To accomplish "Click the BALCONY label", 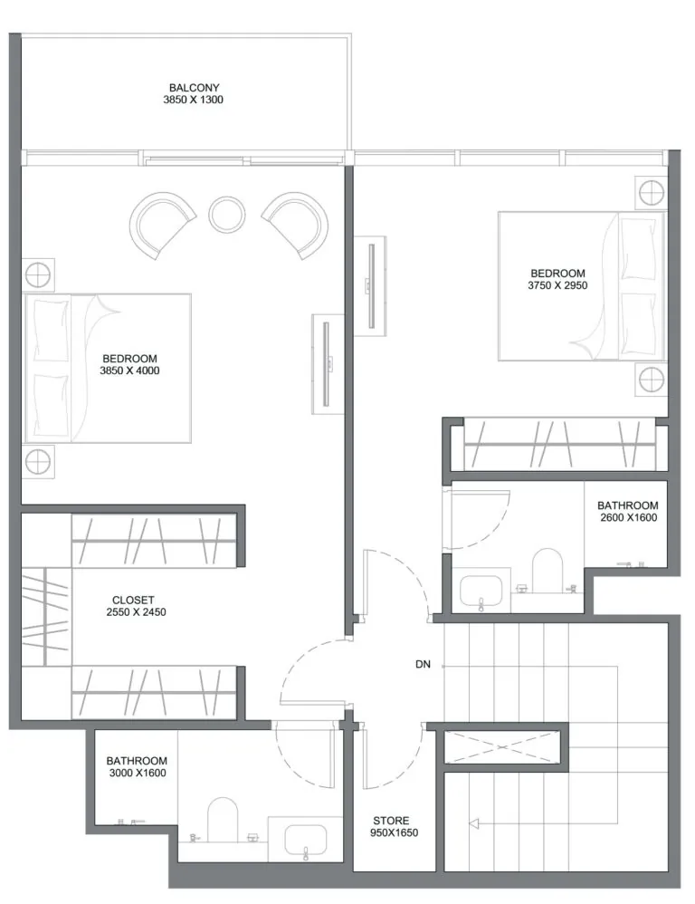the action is pos(194,88).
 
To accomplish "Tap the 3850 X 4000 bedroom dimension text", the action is pos(129,370).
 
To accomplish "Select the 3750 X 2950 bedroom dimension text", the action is pos(557,285).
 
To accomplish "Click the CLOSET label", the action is pos(133,601).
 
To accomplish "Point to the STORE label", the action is pos(391,821).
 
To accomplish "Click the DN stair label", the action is pos(423,664).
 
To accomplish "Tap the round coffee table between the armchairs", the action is pos(227,215).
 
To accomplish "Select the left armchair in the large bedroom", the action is pos(162,225).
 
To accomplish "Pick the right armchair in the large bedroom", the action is pos(295,225).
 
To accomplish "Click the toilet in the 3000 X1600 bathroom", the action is pos(223,820).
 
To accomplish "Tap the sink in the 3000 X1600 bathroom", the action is pos(306,840).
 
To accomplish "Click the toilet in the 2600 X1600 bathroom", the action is pos(547,570).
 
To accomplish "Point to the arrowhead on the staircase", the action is pos(474,824).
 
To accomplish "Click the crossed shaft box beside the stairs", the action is pos(502,747).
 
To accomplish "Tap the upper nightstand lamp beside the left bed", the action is pos(38,275).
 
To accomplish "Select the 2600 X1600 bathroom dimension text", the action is pos(628,518).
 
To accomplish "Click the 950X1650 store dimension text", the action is pos(394,832).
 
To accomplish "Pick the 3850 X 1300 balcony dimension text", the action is pos(193,100).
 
